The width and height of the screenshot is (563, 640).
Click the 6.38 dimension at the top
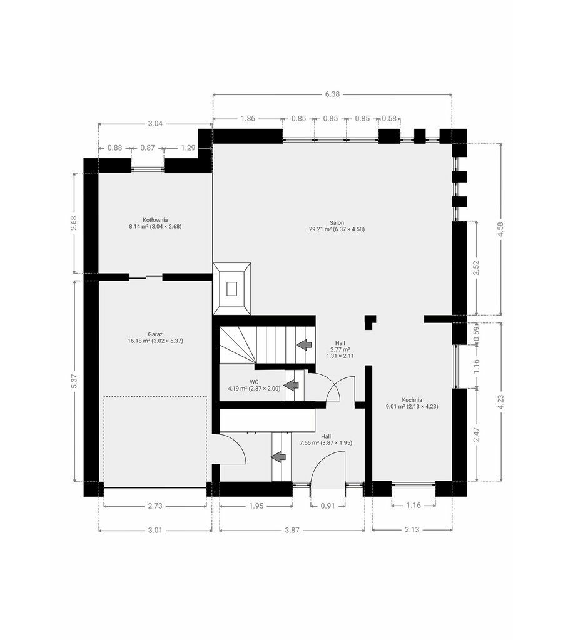(332, 94)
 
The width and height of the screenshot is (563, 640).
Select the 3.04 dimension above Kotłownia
(155, 123)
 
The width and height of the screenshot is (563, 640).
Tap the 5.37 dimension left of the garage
(74, 381)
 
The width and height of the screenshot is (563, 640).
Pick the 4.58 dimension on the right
(501, 229)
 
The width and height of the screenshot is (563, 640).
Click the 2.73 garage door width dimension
(155, 506)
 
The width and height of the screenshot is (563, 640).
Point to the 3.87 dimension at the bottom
(292, 530)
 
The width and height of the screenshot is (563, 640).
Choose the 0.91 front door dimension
(328, 506)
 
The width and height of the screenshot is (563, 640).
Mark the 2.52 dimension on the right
(476, 268)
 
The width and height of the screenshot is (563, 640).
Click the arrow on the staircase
(304, 345)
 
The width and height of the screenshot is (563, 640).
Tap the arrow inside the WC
(292, 385)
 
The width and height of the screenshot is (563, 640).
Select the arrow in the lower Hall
(278, 457)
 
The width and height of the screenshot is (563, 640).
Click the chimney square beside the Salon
(231, 289)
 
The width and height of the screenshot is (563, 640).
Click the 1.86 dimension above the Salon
(248, 118)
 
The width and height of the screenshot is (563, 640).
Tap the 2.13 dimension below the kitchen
(412, 530)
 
